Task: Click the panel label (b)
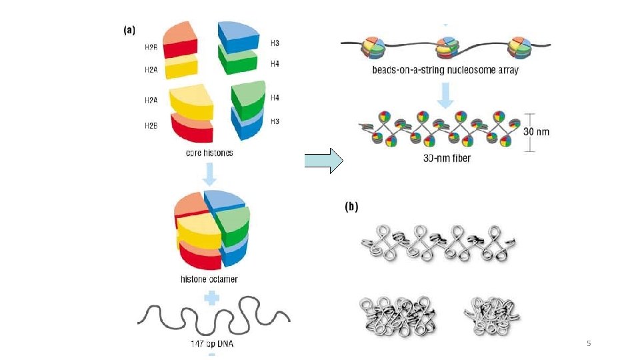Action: (x=351, y=207)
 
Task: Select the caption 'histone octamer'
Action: (x=210, y=279)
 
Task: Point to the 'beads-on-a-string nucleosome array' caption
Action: (x=445, y=70)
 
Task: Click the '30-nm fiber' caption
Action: (x=447, y=159)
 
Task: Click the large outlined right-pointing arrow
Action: (x=323, y=161)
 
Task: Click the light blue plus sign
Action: (x=211, y=297)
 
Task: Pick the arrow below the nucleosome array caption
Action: (x=445, y=97)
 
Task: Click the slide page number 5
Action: (x=588, y=343)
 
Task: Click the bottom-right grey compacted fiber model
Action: (x=490, y=311)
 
